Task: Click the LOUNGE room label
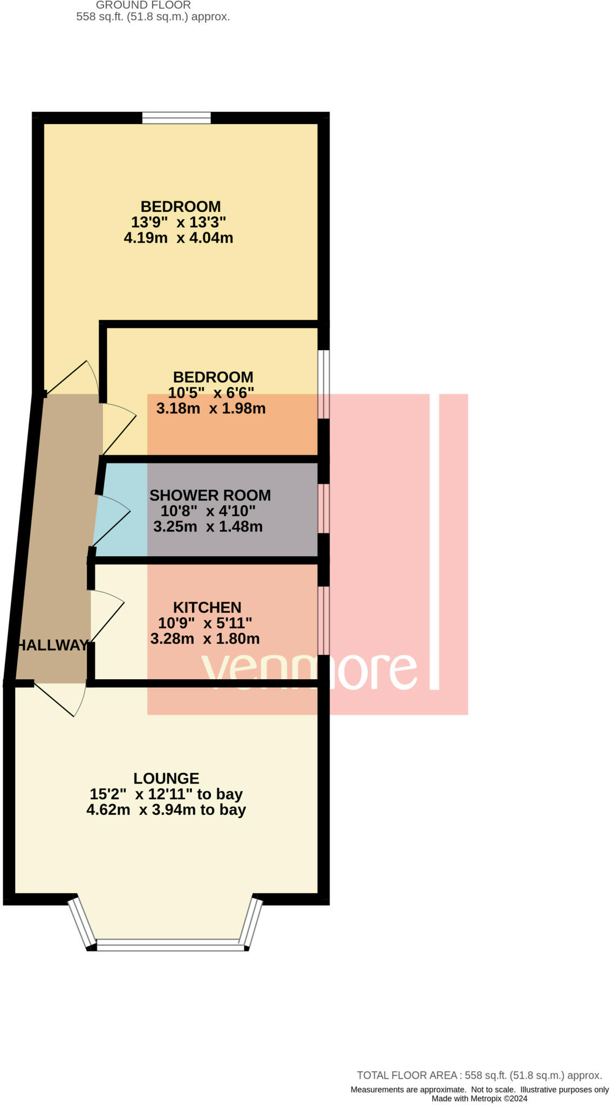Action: point(166,778)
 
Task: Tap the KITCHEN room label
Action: point(207,607)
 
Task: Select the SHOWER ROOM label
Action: point(210,495)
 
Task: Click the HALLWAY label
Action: point(52,645)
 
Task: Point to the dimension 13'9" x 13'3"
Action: point(178,222)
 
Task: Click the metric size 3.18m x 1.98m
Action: point(211,408)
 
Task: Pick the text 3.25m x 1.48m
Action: point(208,526)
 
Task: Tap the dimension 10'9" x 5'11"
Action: point(205,623)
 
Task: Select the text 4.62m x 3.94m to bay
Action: point(166,809)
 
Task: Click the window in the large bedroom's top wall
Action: point(176,118)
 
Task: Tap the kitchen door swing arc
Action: point(108,615)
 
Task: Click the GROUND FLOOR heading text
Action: point(143,5)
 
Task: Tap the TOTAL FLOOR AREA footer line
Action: point(479,1075)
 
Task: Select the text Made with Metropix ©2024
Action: point(479,1098)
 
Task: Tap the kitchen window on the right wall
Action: point(323,620)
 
